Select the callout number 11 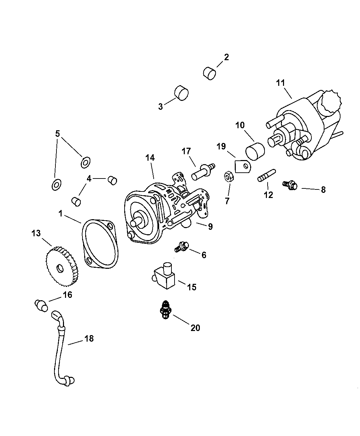[281, 83]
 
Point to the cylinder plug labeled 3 [181, 93]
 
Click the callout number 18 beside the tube [89, 339]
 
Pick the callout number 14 [150, 158]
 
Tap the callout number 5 [57, 133]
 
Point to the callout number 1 [60, 214]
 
